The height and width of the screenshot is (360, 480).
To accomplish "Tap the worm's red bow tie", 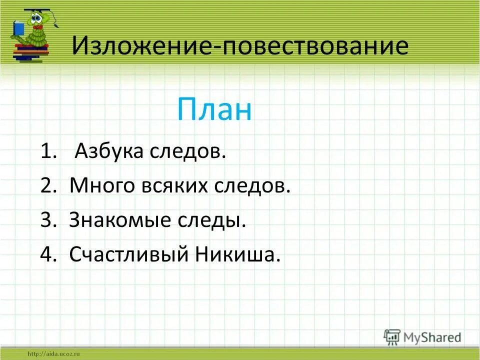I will tap(36, 34).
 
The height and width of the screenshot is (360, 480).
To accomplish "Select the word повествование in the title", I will tap(315, 46).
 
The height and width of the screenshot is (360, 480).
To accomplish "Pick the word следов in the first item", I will tap(187, 151).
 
